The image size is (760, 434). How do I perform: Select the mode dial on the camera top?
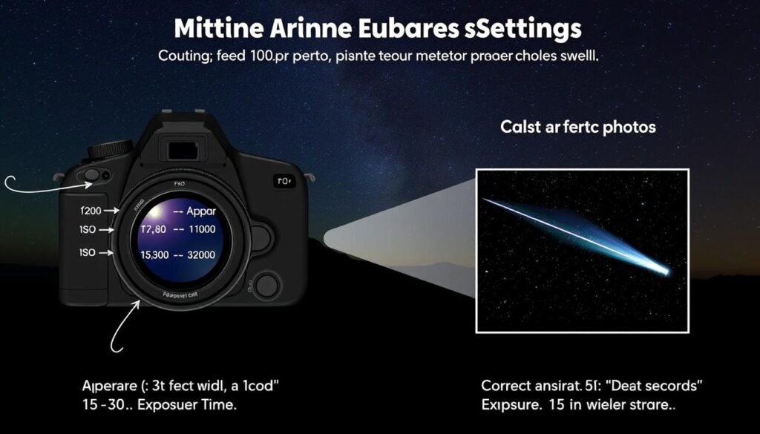click(109, 149)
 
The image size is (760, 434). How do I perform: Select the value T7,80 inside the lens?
click(154, 231)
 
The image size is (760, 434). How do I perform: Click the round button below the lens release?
click(265, 285)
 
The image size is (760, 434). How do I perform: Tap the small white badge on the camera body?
click(284, 180)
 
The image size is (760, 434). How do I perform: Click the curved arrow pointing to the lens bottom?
click(119, 326)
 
